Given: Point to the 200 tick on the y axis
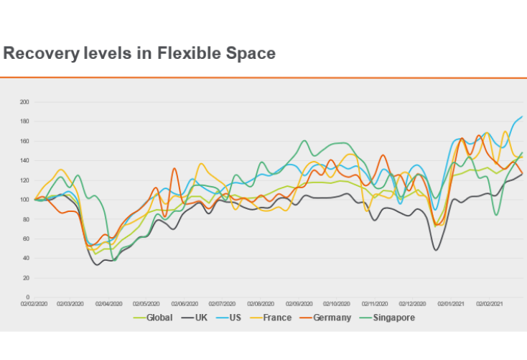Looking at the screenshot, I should coord(24,102).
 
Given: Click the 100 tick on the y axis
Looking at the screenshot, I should coord(24,200).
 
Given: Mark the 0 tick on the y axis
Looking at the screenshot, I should coord(27,297).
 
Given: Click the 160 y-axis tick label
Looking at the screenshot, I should coord(24,141).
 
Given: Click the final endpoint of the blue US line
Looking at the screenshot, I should coord(522,116).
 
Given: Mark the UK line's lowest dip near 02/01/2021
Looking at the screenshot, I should coord(436,249).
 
